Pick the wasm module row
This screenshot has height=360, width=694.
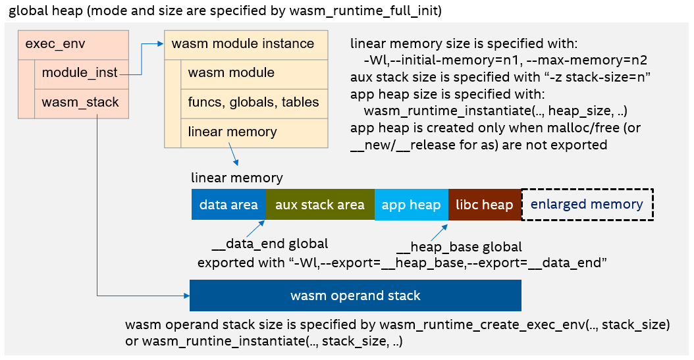(x=254, y=73)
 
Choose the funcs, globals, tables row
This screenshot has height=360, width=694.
(x=254, y=103)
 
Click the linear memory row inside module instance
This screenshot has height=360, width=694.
(x=254, y=132)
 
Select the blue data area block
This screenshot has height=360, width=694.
(x=228, y=205)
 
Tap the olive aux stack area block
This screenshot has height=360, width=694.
(x=320, y=205)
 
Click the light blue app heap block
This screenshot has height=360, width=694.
(x=412, y=205)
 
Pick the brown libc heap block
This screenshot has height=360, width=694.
(x=484, y=205)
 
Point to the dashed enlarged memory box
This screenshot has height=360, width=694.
(x=587, y=205)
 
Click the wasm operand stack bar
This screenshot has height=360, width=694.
(x=355, y=296)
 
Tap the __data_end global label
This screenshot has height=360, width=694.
(x=269, y=245)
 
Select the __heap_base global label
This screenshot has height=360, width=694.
(x=459, y=247)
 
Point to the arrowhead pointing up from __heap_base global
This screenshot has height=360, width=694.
(x=446, y=226)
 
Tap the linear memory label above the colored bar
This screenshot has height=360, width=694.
(x=236, y=178)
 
